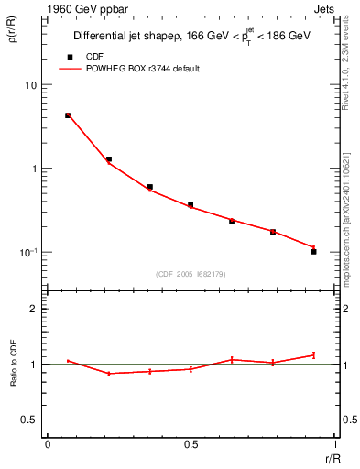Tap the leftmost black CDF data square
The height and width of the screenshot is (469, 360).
[68, 115]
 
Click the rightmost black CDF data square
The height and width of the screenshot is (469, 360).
[313, 251]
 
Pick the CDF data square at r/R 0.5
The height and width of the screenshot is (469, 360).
[191, 205]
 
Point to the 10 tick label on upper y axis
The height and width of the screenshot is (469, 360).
[30, 85]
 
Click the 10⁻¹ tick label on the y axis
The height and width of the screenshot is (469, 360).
[27, 252]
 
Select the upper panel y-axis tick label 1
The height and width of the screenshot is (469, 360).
[34, 169]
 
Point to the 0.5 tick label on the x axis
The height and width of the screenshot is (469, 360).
[191, 444]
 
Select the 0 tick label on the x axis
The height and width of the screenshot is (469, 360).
[47, 444]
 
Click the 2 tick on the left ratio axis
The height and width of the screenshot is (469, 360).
[34, 310]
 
